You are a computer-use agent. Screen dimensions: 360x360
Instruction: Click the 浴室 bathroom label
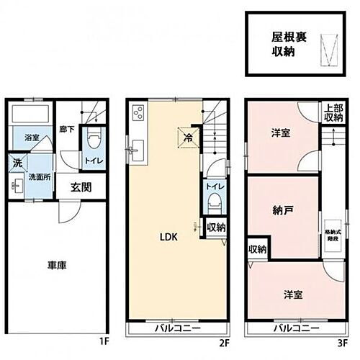32,136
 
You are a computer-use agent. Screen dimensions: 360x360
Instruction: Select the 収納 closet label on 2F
215,228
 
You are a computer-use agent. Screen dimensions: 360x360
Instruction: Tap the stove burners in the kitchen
138,113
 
